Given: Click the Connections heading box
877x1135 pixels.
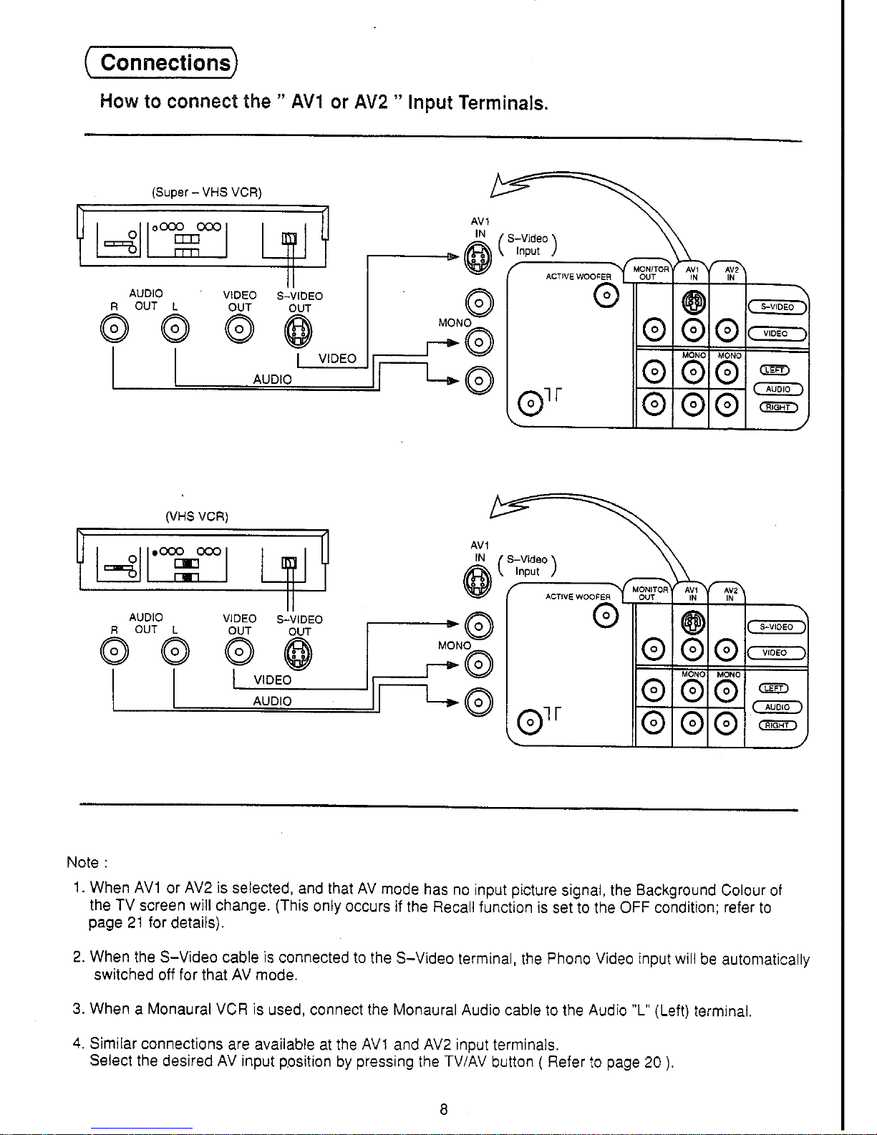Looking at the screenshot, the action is (161, 63).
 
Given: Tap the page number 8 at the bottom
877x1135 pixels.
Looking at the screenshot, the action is (444, 1109).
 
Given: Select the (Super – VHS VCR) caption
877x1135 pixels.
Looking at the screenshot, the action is (207, 192).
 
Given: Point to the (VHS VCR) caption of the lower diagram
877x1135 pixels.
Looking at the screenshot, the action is (197, 516).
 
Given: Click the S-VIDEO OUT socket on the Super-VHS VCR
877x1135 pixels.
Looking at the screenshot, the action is (298, 332).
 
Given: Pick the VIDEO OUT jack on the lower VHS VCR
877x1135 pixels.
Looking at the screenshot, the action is (240, 652).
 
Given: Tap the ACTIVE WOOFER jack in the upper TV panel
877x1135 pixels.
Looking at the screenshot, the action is (606, 296).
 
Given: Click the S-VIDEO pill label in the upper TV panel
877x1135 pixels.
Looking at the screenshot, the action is (777, 307).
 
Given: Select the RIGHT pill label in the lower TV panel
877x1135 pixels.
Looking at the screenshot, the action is (777, 725).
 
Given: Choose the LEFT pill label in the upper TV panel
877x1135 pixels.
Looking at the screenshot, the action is (775, 370).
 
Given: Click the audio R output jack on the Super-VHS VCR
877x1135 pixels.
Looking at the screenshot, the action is (114, 329).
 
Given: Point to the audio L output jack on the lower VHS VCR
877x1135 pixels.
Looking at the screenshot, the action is (175, 652).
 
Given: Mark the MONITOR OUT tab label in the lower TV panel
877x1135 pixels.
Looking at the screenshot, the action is (649, 594).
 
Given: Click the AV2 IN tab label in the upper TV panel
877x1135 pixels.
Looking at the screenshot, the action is (732, 274).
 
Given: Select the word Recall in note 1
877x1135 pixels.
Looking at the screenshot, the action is (454, 907).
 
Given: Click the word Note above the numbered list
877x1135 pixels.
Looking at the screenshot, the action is (82, 862).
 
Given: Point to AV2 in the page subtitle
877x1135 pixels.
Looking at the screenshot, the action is (371, 102).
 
